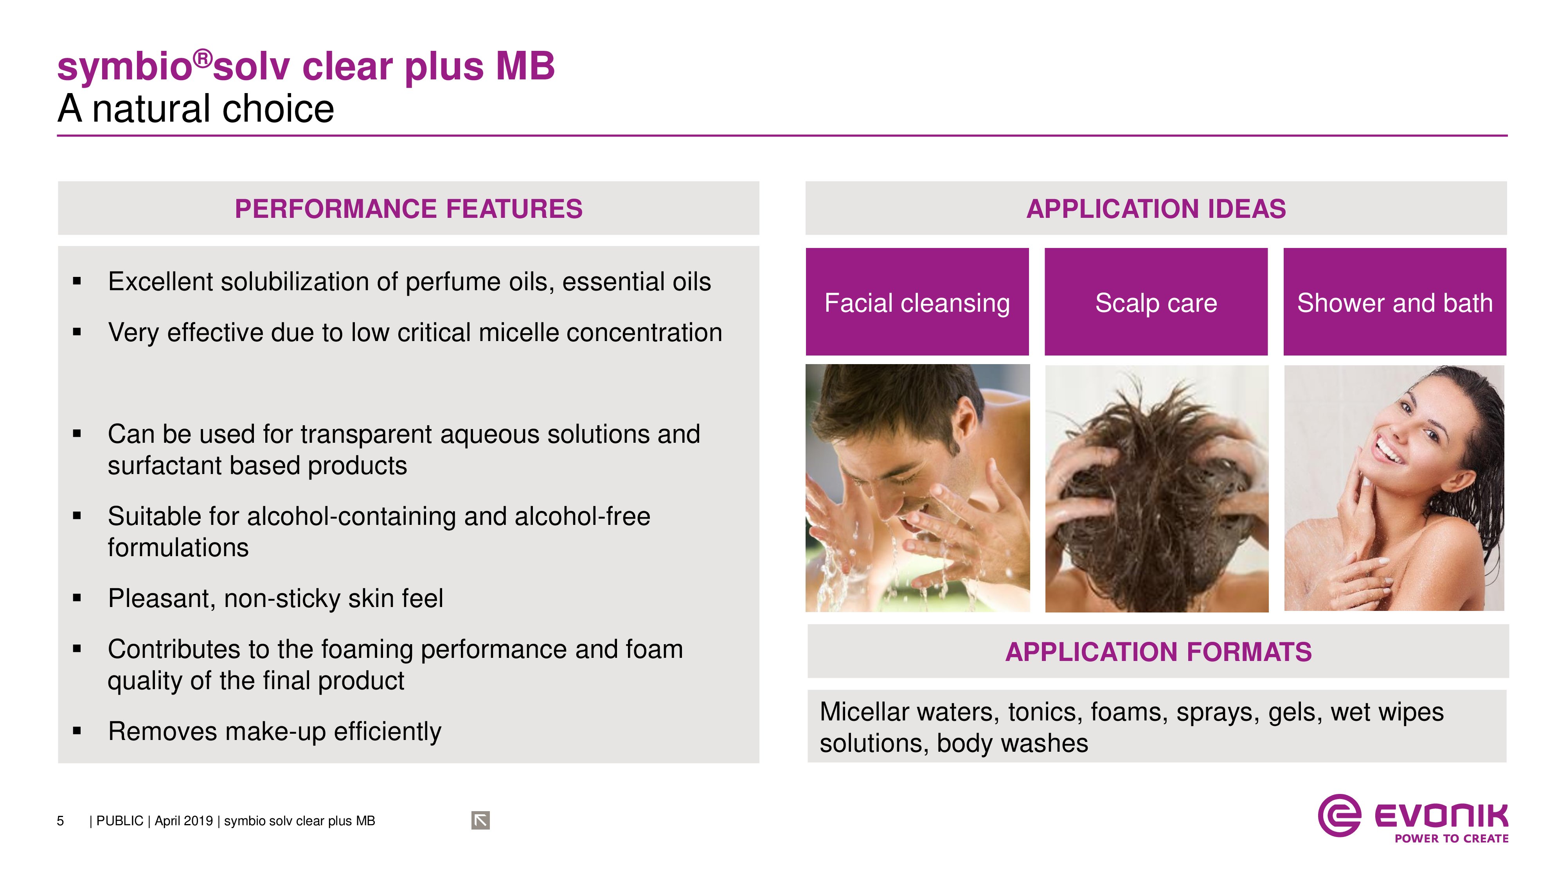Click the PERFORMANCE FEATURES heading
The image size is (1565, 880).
(x=408, y=209)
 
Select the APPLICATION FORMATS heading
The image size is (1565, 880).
(x=1158, y=652)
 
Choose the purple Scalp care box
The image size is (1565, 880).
(x=1156, y=302)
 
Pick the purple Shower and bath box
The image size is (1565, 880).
(x=1395, y=302)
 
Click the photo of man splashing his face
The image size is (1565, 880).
(x=917, y=488)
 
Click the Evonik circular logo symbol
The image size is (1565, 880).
(x=1339, y=815)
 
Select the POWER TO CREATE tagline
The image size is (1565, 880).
(x=1452, y=839)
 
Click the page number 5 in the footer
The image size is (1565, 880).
(x=60, y=821)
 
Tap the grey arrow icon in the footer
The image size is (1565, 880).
(x=480, y=821)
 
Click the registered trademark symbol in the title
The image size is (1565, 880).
(x=203, y=59)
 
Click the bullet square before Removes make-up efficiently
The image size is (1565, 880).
(x=77, y=731)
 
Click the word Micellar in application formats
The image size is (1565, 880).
(x=864, y=712)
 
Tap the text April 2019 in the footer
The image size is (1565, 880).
(x=183, y=821)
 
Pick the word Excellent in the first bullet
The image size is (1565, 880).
(x=160, y=282)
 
